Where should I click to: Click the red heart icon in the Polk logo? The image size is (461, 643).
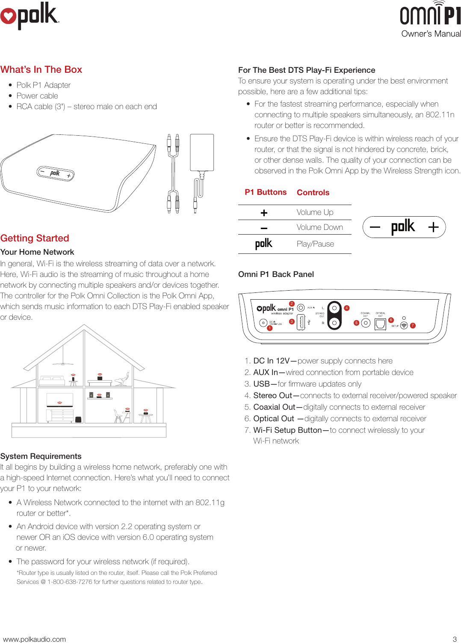tap(8, 16)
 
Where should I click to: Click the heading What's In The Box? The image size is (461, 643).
tap(41, 69)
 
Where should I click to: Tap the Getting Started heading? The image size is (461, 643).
tap(35, 238)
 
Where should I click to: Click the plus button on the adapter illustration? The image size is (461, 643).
tap(68, 176)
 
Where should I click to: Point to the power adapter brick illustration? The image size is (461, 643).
tap(201, 152)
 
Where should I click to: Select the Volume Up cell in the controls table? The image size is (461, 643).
tap(315, 212)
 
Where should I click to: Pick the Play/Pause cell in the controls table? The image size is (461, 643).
tap(315, 244)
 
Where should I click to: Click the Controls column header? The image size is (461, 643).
tap(313, 193)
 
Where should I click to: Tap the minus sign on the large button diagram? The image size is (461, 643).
tap(375, 227)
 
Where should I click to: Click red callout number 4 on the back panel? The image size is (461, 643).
tap(346, 308)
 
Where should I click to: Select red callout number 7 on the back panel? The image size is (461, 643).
tap(413, 326)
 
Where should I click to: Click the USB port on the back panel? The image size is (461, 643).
tap(301, 322)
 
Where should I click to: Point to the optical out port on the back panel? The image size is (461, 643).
tap(380, 324)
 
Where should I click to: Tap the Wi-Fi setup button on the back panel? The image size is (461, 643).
tap(404, 325)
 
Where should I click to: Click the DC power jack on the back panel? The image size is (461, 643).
tap(263, 323)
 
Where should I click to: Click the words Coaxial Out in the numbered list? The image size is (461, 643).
tap(274, 407)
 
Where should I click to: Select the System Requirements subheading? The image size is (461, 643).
tap(41, 456)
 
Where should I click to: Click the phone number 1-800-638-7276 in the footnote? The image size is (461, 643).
tap(70, 582)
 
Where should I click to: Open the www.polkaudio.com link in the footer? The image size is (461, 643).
tap(35, 639)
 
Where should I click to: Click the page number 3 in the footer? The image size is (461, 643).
tap(455, 639)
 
